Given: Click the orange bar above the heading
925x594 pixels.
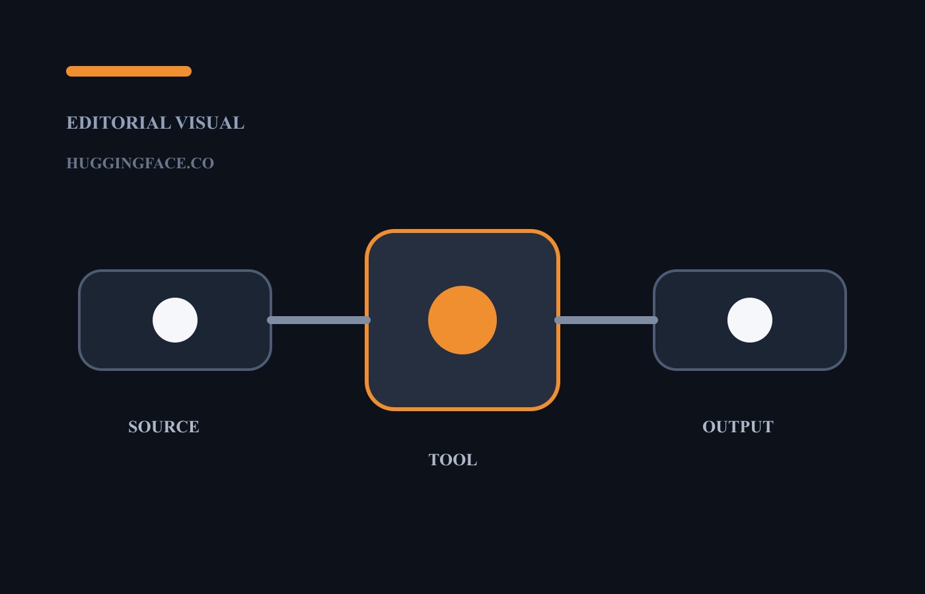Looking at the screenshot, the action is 129,71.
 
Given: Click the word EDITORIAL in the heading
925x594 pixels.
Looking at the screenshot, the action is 118,123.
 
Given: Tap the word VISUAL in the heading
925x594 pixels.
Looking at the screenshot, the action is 210,123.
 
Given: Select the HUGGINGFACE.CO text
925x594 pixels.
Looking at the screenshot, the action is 140,164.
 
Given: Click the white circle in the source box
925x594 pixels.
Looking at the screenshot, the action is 175,320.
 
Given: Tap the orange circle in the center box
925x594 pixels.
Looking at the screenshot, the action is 462,320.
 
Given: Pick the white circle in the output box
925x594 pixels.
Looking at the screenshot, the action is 750,320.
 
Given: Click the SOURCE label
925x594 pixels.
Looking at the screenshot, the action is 164,427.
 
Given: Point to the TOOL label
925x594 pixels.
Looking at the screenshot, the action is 453,460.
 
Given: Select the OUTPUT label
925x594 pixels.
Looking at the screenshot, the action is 738,427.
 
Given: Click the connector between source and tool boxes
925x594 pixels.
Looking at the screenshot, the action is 318,320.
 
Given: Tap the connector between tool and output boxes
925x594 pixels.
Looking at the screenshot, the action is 607,320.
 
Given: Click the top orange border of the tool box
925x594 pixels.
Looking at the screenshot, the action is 462,231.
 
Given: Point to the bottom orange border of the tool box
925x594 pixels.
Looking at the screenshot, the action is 462,409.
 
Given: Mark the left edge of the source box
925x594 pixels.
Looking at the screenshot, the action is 79,320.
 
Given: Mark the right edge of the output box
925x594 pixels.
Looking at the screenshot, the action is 846,320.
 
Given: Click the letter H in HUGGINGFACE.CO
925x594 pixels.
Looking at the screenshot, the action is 72,164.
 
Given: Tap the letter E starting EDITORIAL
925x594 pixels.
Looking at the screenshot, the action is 72,123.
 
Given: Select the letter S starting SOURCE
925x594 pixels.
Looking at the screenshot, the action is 133,427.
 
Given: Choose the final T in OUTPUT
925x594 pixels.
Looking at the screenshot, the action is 768,427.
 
